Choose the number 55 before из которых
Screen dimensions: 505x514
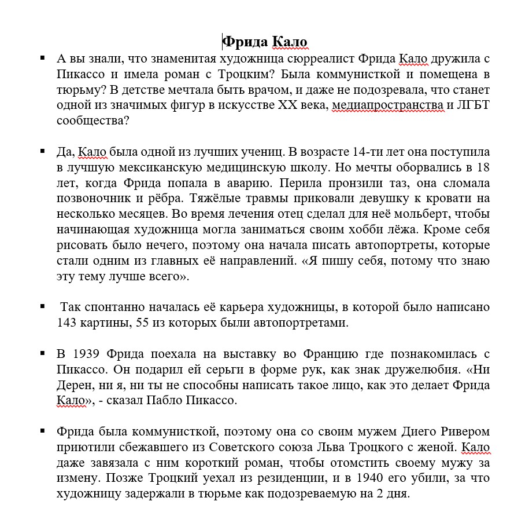[x=142, y=323]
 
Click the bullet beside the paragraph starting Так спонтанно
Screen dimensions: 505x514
[x=43, y=306]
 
